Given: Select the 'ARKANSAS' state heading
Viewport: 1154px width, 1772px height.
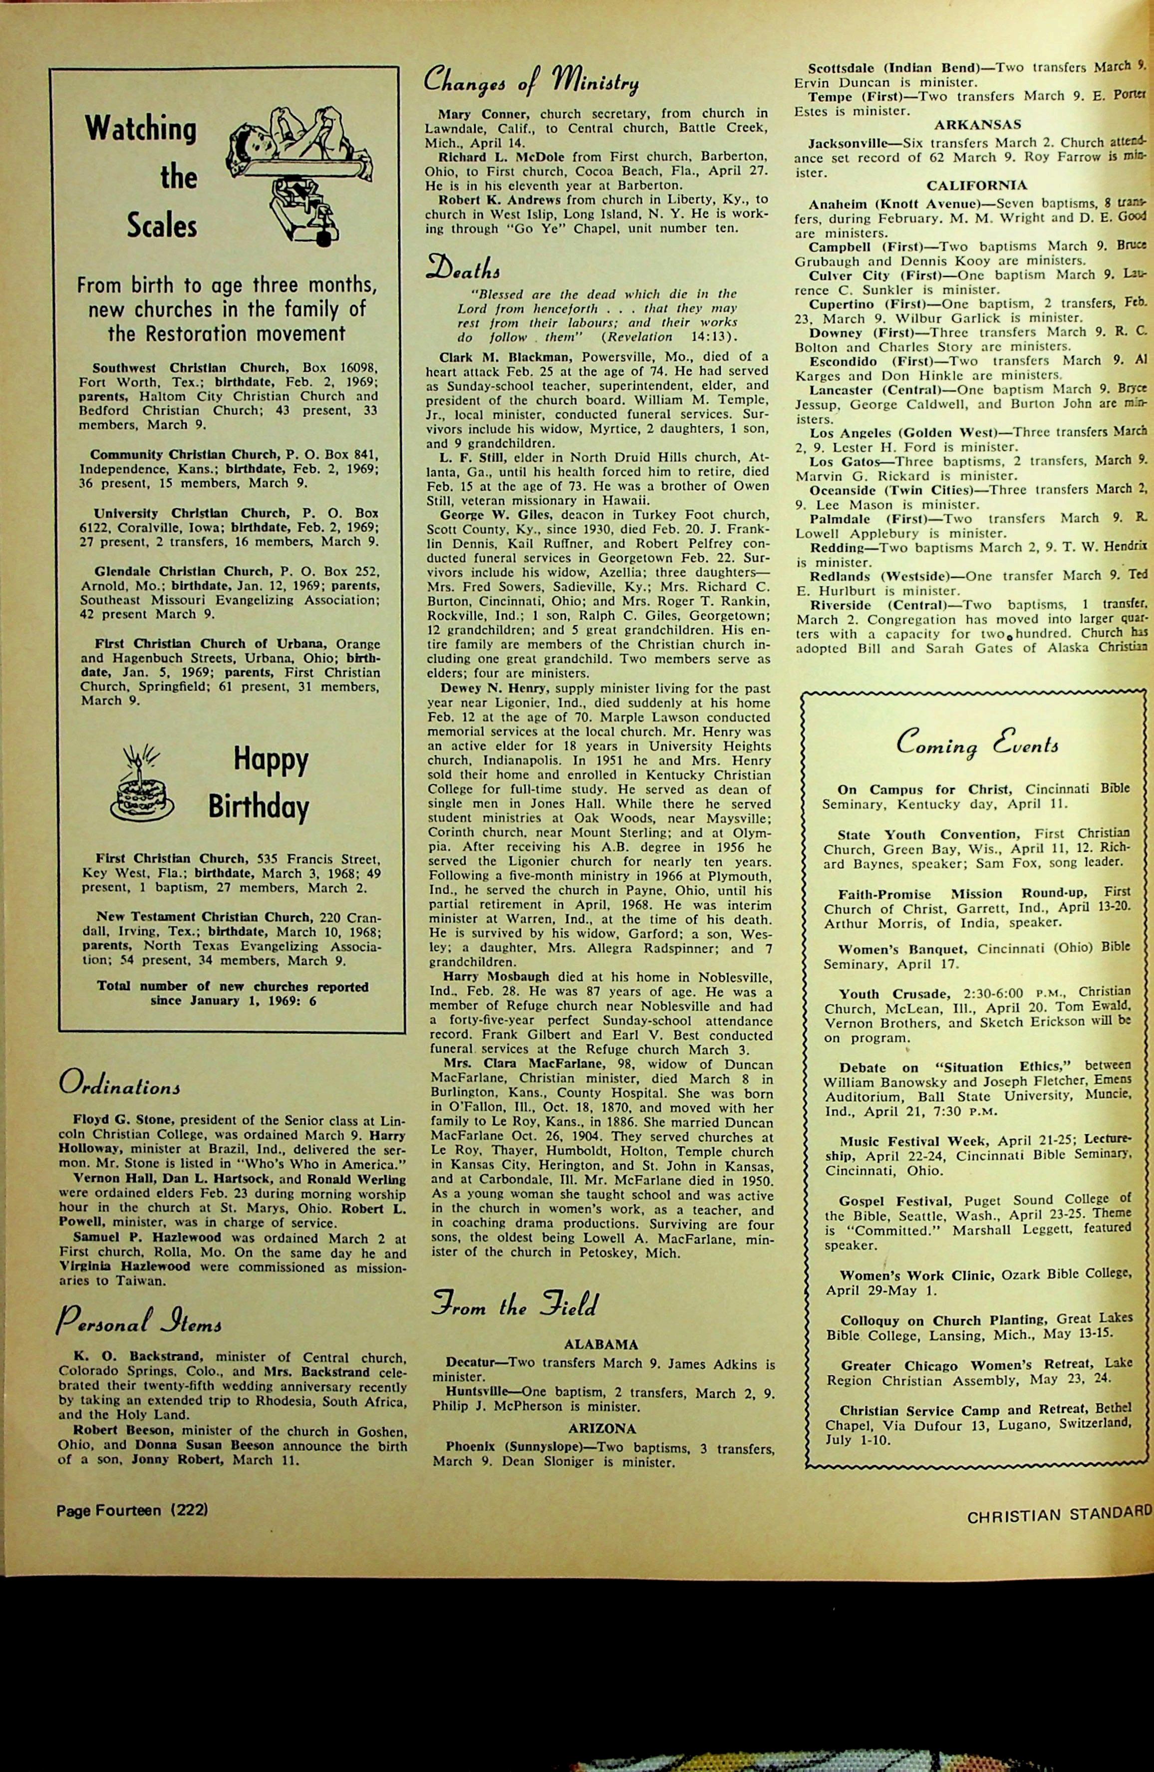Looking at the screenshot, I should [977, 125].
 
